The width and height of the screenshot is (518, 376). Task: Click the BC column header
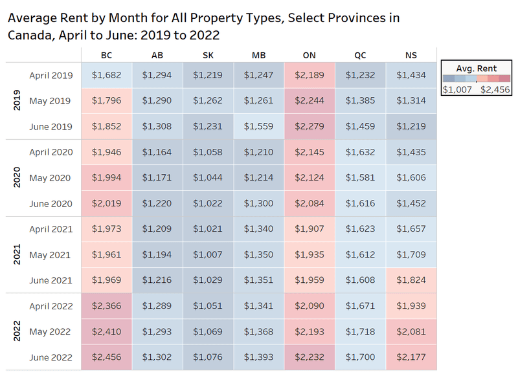pos(106,56)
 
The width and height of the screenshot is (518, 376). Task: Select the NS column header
pos(411,56)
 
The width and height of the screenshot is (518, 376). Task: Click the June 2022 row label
pos(51,357)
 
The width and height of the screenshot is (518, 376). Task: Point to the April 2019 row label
pos(51,76)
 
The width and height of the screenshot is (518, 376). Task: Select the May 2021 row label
pos(51,254)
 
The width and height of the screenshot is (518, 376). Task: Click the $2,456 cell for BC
pos(106,357)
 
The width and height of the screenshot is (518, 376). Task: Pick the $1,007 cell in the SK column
pos(208,254)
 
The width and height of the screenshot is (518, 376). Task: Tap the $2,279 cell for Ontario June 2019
pos(310,127)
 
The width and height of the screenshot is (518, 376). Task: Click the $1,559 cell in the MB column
pos(258,127)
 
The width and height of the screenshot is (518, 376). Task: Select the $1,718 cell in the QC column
pos(360,331)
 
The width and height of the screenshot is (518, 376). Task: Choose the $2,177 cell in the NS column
pos(411,357)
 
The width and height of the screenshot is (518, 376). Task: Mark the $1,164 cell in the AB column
pos(157,152)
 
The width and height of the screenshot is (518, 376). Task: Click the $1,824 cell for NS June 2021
pos(411,280)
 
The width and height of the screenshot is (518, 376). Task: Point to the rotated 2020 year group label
pos(17,178)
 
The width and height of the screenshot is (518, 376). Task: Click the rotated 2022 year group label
pos(17,331)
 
